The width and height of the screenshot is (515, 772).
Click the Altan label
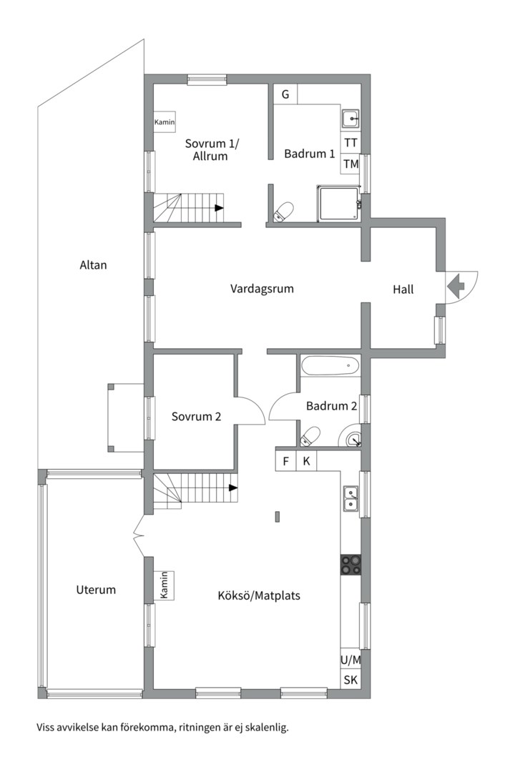(93, 265)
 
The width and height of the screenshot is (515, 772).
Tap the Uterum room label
(96, 590)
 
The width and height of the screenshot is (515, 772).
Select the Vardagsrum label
(262, 289)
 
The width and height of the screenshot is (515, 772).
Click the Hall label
(403, 289)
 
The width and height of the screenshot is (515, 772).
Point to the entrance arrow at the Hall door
(456, 285)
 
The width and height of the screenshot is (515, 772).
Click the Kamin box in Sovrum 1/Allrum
(165, 122)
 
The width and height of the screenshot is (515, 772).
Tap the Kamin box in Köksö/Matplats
(164, 585)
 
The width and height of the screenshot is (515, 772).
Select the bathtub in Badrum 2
(330, 366)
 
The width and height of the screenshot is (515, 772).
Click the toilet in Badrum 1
(283, 212)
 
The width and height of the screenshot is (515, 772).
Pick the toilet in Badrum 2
(310, 437)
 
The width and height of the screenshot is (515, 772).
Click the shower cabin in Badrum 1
(339, 204)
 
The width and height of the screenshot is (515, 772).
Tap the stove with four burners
(350, 564)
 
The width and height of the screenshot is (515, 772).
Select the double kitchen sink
(351, 499)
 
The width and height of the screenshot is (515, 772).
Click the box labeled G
(285, 94)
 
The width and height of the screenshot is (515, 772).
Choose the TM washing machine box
(351, 164)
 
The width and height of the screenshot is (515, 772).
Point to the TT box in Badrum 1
(351, 143)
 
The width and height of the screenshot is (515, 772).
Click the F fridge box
(286, 461)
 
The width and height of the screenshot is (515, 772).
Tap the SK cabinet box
(350, 680)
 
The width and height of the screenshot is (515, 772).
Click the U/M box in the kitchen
(350, 660)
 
